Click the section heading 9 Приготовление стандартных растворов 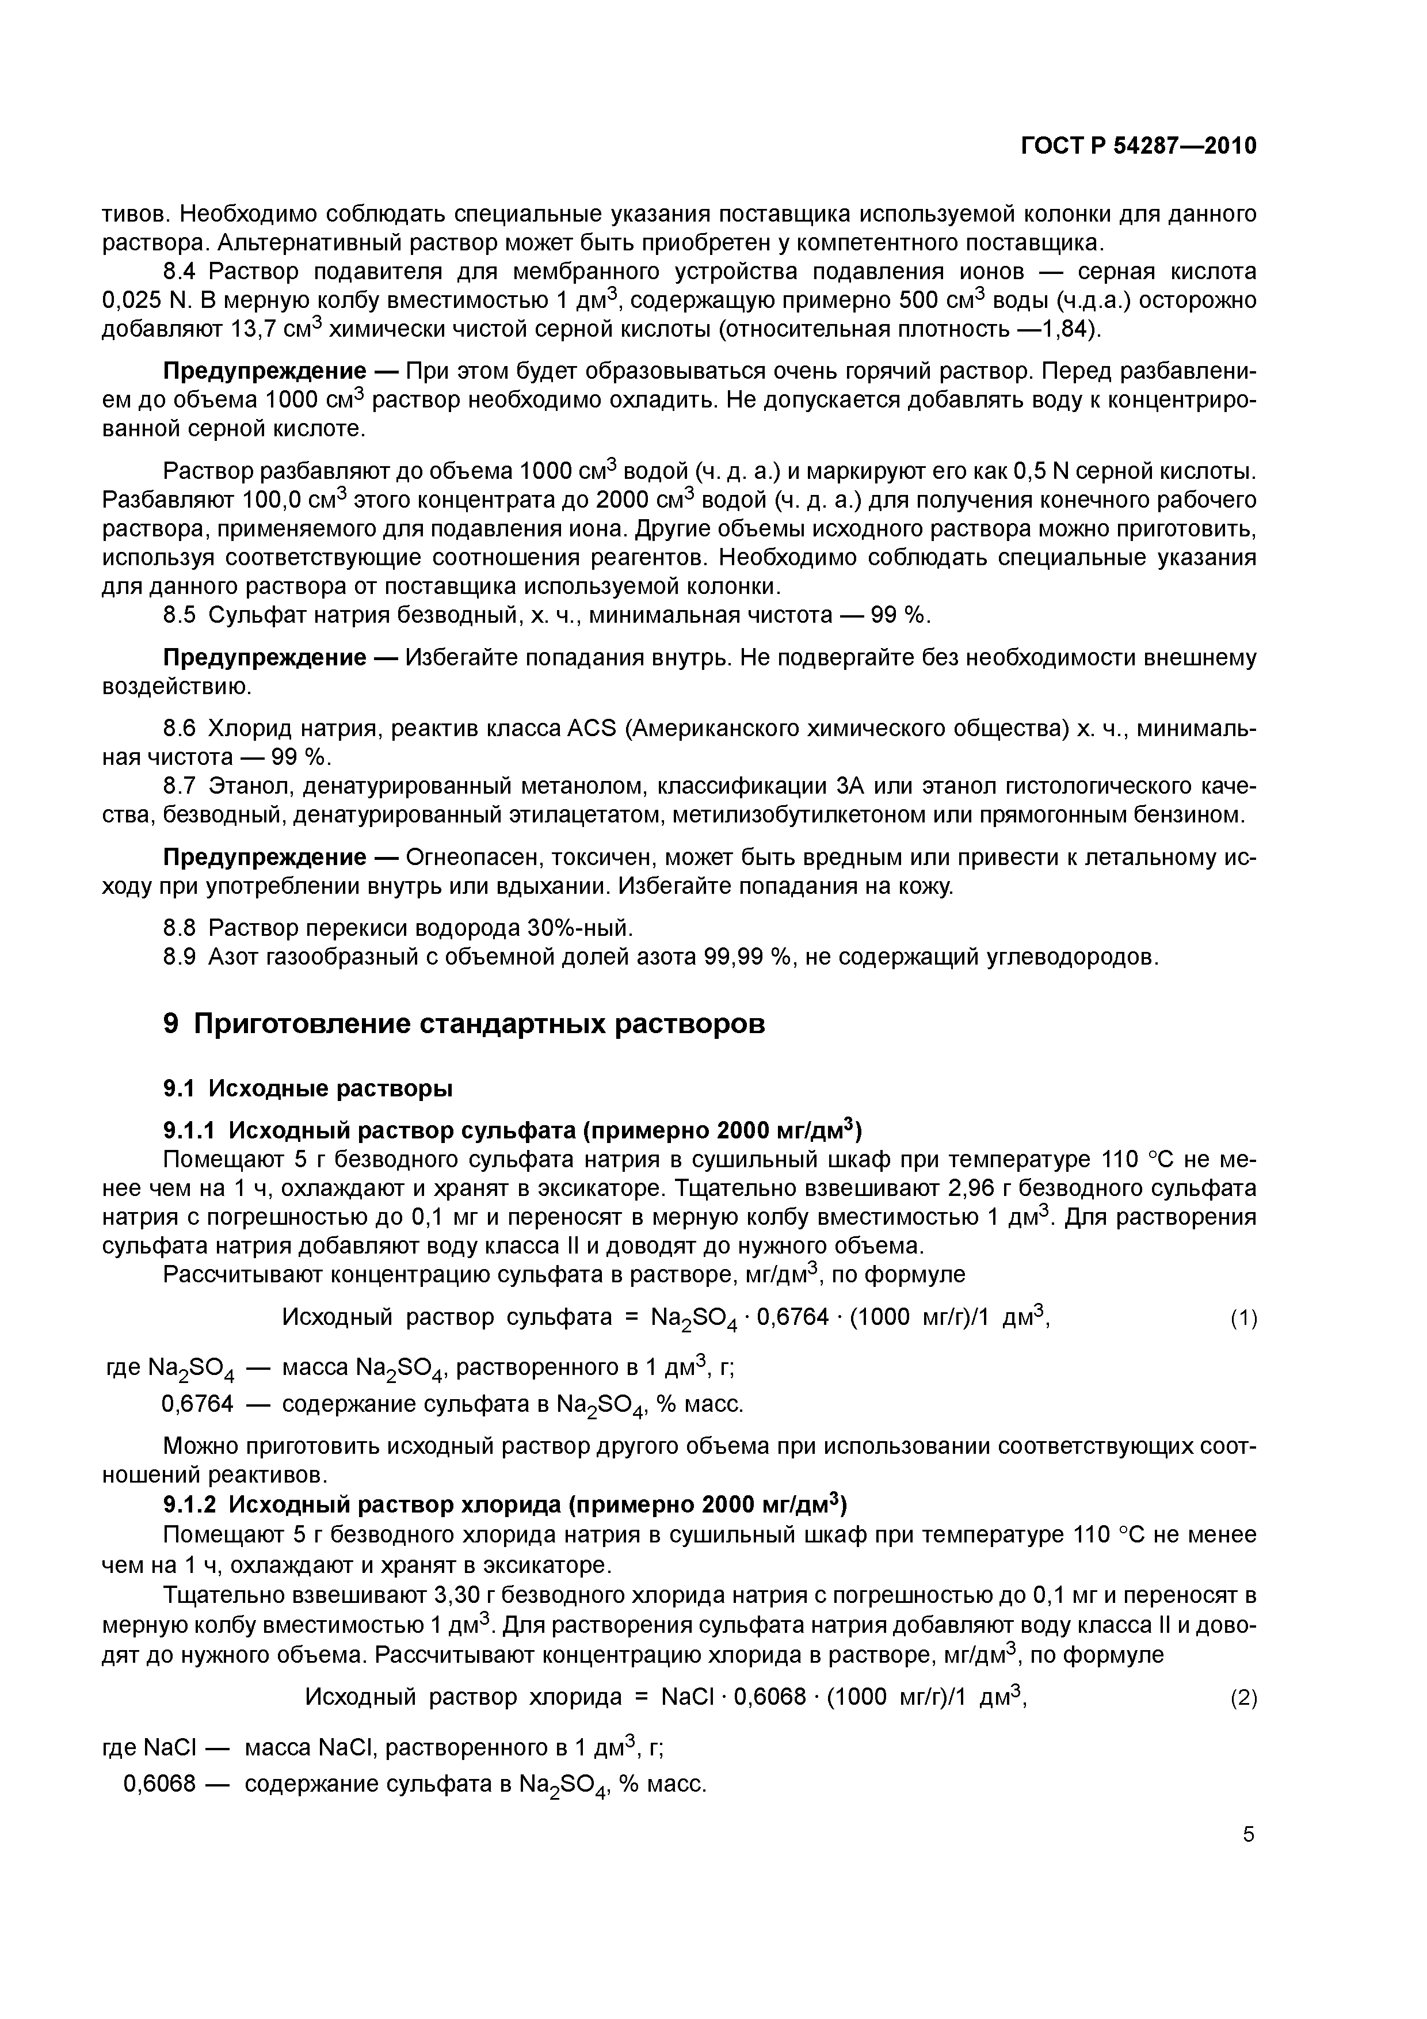(x=464, y=1023)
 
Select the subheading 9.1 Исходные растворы (x=308, y=1089)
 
